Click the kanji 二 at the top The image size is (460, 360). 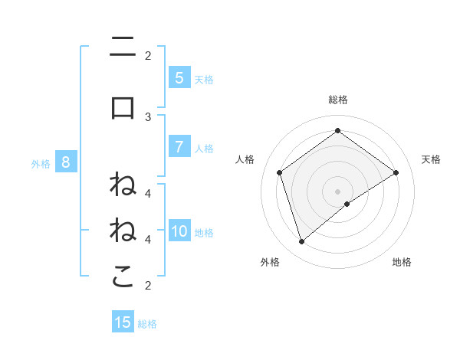pos(123,47)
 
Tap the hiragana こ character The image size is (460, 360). pos(123,277)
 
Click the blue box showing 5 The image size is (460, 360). pos(179,77)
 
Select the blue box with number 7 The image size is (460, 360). pos(179,147)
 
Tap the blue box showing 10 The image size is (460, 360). pos(179,231)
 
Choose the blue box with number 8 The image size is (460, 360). pos(66,162)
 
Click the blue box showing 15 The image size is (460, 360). pos(123,322)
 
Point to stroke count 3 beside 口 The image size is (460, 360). pos(148,116)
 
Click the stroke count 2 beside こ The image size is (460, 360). pos(148,286)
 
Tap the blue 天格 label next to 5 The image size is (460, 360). pos(204,79)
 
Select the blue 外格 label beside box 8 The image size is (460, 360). pos(41,163)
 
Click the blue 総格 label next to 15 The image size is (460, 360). pos(147,324)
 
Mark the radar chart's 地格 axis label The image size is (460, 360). pos(402,262)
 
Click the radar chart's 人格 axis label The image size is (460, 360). pos(245,159)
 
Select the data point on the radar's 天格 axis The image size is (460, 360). pos(396,172)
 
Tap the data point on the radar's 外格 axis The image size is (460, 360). pos(302,242)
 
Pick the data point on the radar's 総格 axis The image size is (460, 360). pos(337,130)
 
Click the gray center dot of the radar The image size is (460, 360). pos(337,191)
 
